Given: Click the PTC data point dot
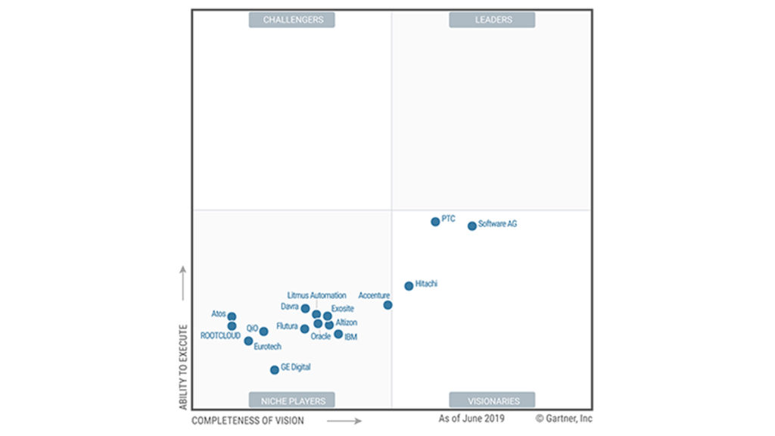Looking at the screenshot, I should coord(435,222).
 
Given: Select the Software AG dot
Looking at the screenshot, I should coord(472,226).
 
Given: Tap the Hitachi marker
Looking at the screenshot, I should coord(409,286).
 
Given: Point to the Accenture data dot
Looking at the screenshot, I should coord(387,305).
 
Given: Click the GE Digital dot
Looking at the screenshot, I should coord(275,370).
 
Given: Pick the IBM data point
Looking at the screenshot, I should coord(338,334).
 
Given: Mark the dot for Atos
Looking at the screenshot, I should coord(232,316).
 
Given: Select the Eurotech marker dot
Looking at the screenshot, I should coord(248,341).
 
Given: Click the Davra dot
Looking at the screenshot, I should coord(305,308).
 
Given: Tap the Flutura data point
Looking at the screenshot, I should coord(304,329).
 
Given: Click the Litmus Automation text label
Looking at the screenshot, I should coord(316,295).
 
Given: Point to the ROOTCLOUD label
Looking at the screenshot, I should coord(220,335).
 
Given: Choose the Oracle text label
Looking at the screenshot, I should coord(320,336).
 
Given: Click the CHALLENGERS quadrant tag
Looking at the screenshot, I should coord(292,20).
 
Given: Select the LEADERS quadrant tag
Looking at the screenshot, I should coord(492,20).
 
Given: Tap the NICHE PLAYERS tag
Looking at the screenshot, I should coord(292,400).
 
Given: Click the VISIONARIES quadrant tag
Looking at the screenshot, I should coord(492,400).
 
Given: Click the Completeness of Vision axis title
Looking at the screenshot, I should coord(247,420).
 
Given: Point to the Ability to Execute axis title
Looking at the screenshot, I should coord(183,367).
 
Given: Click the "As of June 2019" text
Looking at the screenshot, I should coord(472,418).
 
